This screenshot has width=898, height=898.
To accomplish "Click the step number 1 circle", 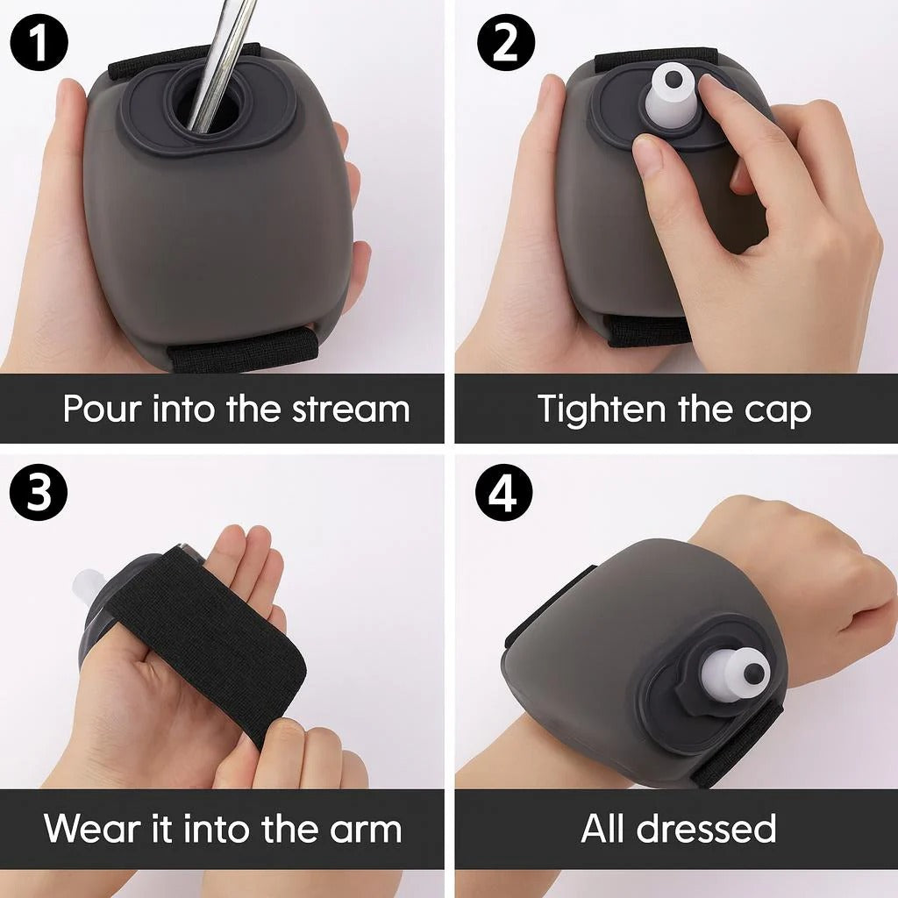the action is coord(39,43).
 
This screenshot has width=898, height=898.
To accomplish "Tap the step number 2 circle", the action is coord(506,43).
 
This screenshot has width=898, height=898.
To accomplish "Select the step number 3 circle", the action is coord(39,492).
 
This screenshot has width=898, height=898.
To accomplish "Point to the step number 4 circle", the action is coord(504,492).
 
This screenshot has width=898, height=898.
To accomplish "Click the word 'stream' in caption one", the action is coord(351,409).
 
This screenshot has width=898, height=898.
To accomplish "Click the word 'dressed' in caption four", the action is coord(706,828).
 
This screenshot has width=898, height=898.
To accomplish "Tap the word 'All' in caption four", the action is coord(603,828).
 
